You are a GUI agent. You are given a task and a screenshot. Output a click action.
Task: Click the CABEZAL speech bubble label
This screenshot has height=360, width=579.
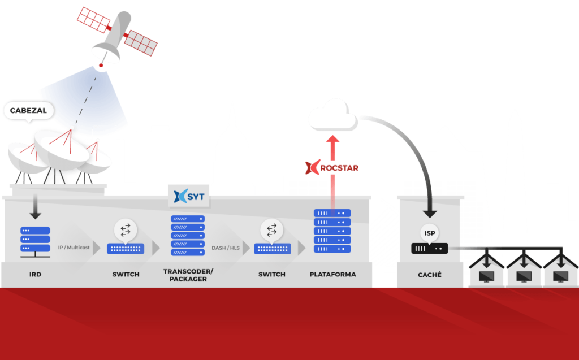click(x=28, y=111)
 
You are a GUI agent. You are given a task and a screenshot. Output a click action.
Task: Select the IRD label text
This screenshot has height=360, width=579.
click(x=35, y=275)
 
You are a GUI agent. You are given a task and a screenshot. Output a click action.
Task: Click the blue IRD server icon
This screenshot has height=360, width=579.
click(x=35, y=240)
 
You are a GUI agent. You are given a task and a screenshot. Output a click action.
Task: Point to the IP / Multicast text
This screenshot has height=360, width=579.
click(x=74, y=248)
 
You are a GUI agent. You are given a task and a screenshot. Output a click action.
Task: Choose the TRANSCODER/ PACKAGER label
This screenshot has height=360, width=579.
click(x=185, y=275)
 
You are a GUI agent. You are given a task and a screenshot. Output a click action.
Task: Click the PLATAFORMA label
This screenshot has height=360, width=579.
click(x=332, y=275)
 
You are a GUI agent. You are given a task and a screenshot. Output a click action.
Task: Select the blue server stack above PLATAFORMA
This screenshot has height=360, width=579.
click(x=332, y=231)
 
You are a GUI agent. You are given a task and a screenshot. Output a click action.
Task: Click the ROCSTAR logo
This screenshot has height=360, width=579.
click(x=331, y=168)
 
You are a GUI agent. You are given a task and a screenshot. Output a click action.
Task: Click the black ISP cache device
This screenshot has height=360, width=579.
click(x=429, y=248)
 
